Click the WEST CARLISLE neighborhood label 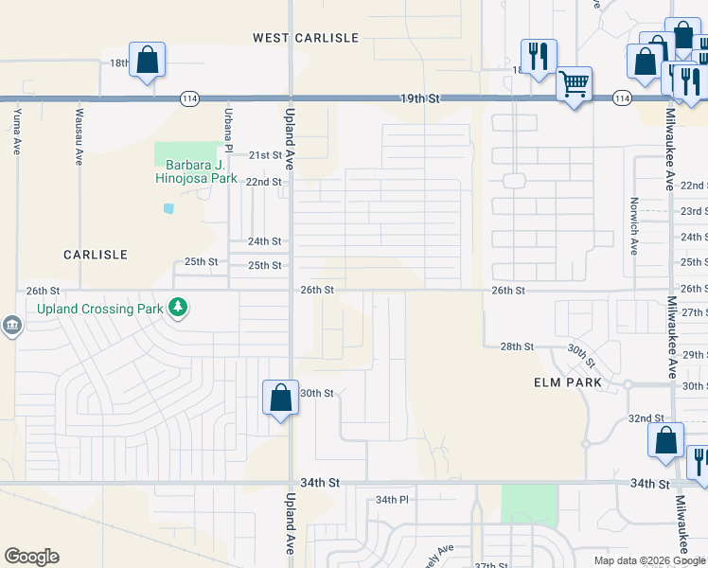click(306, 38)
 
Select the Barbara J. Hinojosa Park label click(183, 169)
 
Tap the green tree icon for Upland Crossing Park click(177, 307)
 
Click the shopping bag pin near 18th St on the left click(148, 62)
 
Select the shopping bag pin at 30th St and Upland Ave click(281, 398)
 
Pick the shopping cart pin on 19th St click(574, 85)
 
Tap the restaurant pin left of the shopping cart click(538, 58)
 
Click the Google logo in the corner click(31, 557)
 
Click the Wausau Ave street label click(78, 132)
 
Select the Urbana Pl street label click(227, 129)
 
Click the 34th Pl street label click(391, 499)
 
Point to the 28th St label click(518, 347)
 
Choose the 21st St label click(265, 155)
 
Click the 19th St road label click(421, 98)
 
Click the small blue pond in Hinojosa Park click(168, 208)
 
